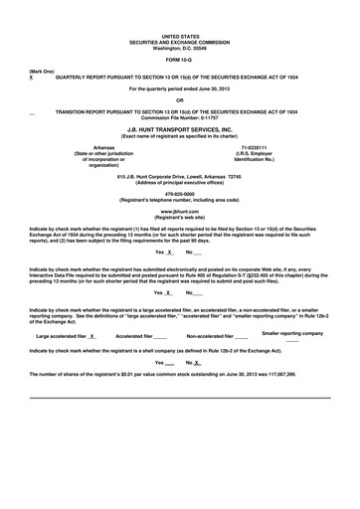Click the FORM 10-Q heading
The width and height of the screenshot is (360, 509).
pos(179,59)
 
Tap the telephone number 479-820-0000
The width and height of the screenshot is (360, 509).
pos(179,193)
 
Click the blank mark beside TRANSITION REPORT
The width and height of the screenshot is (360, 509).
pos(35,113)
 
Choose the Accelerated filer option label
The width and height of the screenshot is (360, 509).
pos(133,336)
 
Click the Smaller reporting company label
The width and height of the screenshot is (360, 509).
pos(292,333)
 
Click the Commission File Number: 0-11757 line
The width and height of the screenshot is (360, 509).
pos(179,118)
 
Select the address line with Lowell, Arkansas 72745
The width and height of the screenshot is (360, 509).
pos(179,176)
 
